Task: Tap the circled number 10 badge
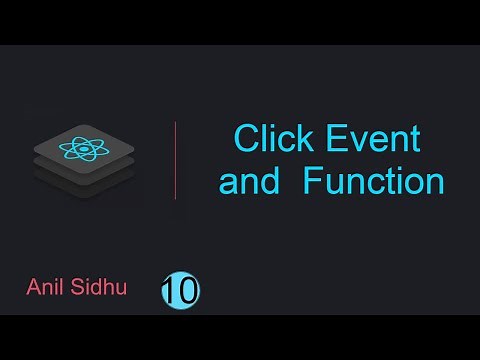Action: pos(180,291)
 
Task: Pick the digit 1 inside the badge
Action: pos(172,291)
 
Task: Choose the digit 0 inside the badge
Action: pos(187,291)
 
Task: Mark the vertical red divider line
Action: pos(176,160)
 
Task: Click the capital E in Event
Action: pos(338,139)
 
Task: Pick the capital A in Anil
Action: pos(32,289)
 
